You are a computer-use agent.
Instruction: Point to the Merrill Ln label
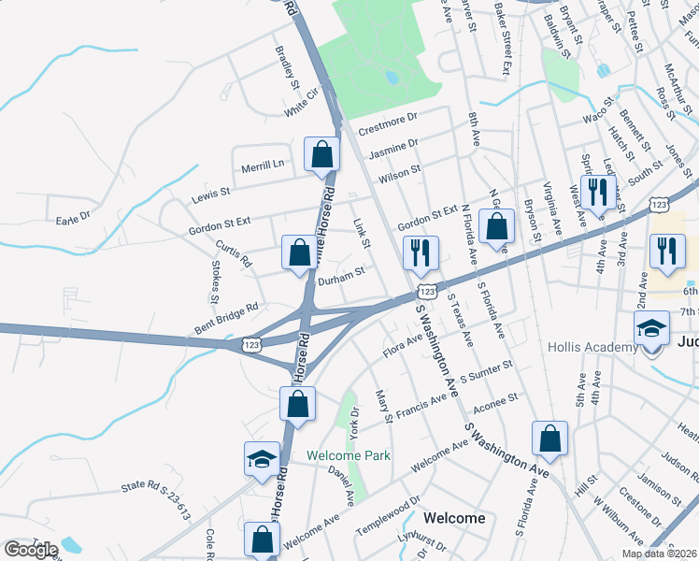263,165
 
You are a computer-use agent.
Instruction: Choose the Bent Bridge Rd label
225,311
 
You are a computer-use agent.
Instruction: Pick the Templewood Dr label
388,519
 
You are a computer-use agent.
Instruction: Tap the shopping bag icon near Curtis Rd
299,252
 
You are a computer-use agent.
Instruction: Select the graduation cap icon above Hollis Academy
651,329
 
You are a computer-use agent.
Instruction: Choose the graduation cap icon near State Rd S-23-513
262,459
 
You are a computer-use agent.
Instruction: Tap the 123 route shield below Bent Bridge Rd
250,345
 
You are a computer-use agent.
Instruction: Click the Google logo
31,550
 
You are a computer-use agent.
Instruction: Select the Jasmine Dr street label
393,148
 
